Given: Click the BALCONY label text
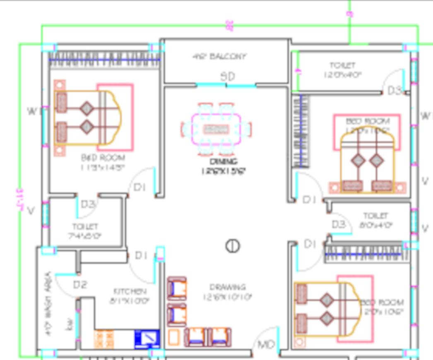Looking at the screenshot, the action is click(219, 56).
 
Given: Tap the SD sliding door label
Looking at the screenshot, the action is click(228, 77).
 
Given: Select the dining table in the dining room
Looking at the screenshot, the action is click(216, 129).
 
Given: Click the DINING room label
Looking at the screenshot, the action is click(224, 161).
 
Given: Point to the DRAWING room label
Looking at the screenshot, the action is click(227, 287).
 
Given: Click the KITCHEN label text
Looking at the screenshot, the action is click(130, 291).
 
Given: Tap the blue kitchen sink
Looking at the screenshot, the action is click(147, 339).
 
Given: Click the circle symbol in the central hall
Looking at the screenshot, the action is click(233, 246).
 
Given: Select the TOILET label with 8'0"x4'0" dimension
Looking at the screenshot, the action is click(375, 216).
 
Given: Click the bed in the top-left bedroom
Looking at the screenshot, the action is click(87, 118).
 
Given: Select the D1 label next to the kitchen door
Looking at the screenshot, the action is click(141, 256).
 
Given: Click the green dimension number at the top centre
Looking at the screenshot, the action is click(229, 26).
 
